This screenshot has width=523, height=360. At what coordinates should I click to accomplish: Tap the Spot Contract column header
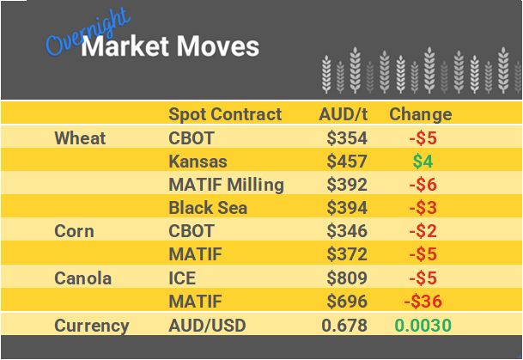point(225,114)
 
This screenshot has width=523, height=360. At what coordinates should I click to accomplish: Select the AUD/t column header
point(343,114)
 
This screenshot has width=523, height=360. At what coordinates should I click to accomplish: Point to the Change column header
point(420,114)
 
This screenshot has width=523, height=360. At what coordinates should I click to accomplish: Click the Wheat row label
point(80,137)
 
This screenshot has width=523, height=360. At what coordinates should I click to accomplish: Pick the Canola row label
point(82,278)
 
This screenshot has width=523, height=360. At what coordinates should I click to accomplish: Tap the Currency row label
point(92,326)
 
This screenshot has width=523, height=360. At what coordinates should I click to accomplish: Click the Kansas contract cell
point(198,162)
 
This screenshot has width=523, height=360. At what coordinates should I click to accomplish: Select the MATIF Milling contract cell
point(226,185)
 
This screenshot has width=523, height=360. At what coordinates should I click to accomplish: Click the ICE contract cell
point(183,278)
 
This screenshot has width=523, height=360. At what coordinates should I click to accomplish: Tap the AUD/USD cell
point(206,326)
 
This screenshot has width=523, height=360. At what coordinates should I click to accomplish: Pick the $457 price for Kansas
point(347,162)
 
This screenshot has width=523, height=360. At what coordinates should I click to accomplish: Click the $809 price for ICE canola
point(347,278)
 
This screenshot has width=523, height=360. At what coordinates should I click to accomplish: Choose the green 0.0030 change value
point(423,326)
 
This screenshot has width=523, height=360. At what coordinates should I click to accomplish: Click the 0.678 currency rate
point(344,326)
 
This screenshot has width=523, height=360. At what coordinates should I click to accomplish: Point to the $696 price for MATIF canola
point(347,302)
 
